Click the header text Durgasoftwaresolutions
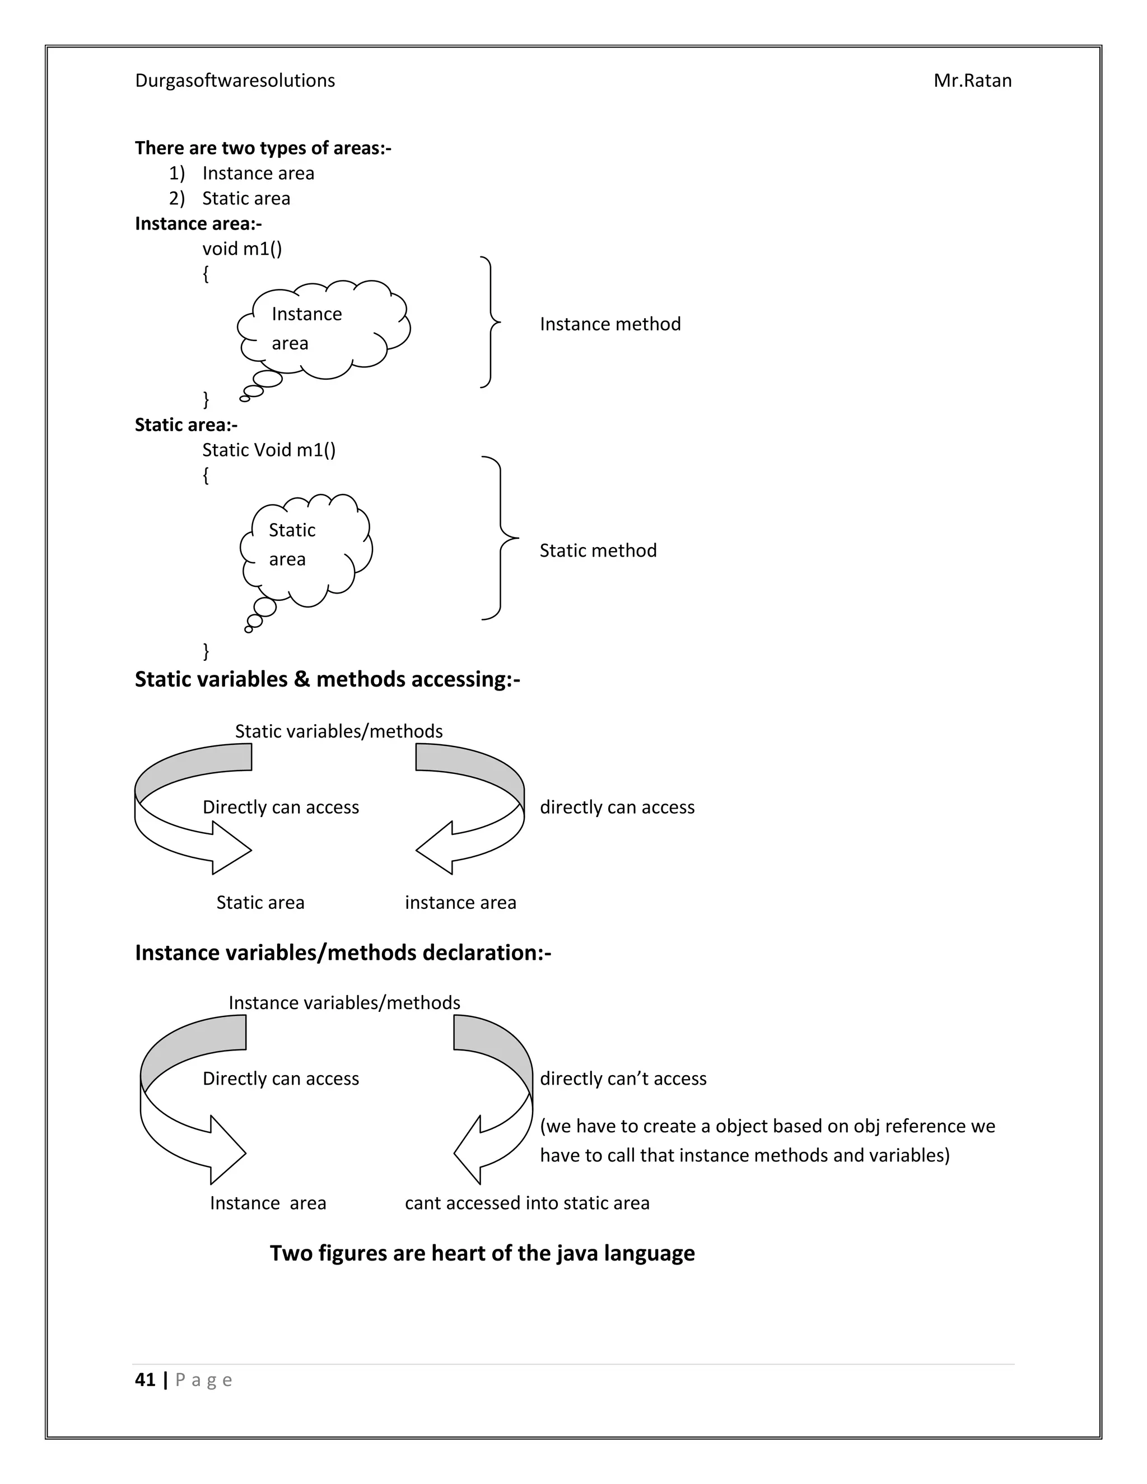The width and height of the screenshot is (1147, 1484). click(235, 81)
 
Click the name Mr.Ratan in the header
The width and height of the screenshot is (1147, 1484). click(972, 81)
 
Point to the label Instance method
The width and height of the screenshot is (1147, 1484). click(609, 324)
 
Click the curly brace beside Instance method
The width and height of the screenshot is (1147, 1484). click(491, 322)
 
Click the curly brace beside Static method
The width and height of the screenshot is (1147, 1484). click(501, 538)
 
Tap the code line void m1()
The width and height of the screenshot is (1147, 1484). click(241, 249)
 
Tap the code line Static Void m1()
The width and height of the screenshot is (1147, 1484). click(268, 450)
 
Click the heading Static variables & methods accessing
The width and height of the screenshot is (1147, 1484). click(327, 679)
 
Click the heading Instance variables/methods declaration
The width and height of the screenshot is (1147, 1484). click(342, 953)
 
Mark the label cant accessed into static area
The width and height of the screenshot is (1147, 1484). click(526, 1203)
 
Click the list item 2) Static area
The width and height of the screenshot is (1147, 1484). click(230, 198)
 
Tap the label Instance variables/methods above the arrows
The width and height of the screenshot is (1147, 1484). click(344, 1003)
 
